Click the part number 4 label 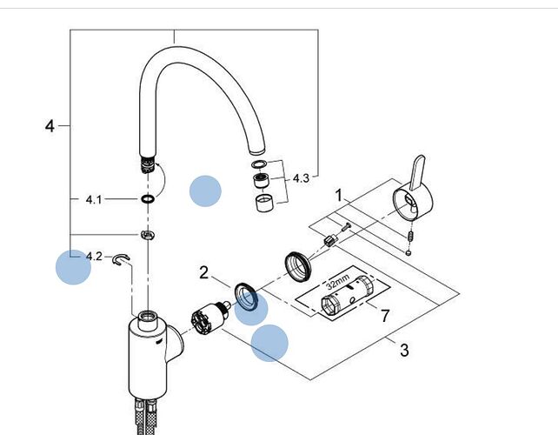coord(50,126)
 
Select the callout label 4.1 coord(94,199)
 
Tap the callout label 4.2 coord(94,256)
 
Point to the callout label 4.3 coord(301,178)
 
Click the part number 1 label coord(339,195)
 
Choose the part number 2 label coord(203,273)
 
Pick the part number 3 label coord(404,350)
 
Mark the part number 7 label coord(385,316)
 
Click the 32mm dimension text coord(338,282)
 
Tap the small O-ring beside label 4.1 coord(148,199)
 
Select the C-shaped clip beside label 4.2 coord(122,259)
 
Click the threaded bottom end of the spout coord(148,164)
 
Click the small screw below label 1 coord(346,226)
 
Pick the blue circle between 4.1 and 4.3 coord(205,191)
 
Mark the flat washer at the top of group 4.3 coord(259,164)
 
